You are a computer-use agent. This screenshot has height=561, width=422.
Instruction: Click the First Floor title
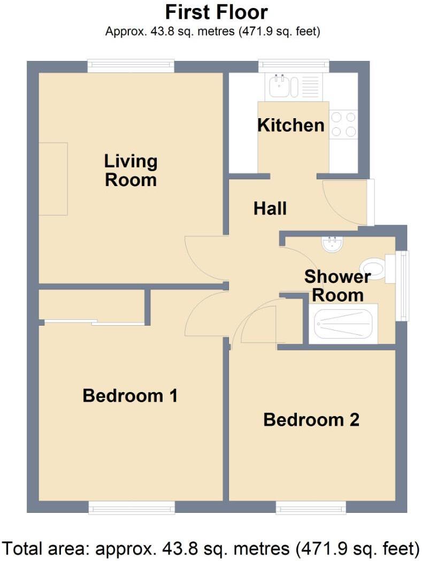216,12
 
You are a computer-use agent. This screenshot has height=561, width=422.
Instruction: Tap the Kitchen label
290,125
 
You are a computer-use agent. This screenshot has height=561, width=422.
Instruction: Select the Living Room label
131,170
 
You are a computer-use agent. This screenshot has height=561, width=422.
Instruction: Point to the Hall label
270,208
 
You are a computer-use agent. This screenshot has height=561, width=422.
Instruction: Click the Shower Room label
337,286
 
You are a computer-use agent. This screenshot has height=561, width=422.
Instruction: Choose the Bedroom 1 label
130,396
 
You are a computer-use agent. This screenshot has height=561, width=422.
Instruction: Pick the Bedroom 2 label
311,420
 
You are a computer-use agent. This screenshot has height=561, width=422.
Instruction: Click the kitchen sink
280,86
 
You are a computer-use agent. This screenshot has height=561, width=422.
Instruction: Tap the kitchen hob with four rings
343,124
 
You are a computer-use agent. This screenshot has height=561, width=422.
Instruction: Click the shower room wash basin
333,244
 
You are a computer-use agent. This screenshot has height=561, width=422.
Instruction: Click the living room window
131,66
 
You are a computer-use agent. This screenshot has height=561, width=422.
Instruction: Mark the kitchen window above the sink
294,66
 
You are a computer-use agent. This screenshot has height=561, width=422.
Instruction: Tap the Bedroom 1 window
132,507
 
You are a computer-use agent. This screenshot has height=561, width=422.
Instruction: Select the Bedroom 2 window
311,507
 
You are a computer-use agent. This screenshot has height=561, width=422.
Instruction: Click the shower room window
402,286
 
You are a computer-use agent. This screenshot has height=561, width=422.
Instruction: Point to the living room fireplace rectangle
53,179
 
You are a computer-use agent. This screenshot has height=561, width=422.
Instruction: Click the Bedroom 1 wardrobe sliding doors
95,322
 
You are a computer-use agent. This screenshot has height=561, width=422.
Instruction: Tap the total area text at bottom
211,548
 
